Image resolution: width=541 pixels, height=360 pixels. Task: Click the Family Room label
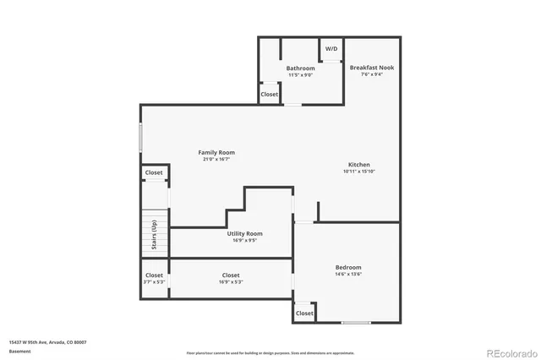coord(216,152)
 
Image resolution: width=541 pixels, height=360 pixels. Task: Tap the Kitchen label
coord(358,165)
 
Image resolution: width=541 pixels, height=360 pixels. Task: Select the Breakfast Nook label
coord(371,67)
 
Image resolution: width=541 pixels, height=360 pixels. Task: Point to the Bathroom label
coord(300,68)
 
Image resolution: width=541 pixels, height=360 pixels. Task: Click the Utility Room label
coord(244,233)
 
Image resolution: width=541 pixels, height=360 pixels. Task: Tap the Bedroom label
coord(348,267)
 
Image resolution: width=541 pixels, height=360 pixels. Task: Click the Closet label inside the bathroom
coord(270,95)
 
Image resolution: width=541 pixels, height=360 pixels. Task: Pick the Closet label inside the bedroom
coord(304,314)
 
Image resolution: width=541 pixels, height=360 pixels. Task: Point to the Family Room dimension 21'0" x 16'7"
coord(218,160)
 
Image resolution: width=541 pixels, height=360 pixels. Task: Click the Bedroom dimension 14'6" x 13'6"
coord(348,275)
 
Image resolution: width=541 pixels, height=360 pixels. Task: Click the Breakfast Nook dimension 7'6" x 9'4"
coord(372,74)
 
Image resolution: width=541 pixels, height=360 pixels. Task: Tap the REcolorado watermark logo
coord(505,352)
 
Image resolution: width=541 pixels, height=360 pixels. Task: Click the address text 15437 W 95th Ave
coord(47,342)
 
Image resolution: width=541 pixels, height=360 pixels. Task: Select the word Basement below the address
coord(19,351)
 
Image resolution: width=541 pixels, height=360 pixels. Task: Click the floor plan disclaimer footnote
coord(270,353)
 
